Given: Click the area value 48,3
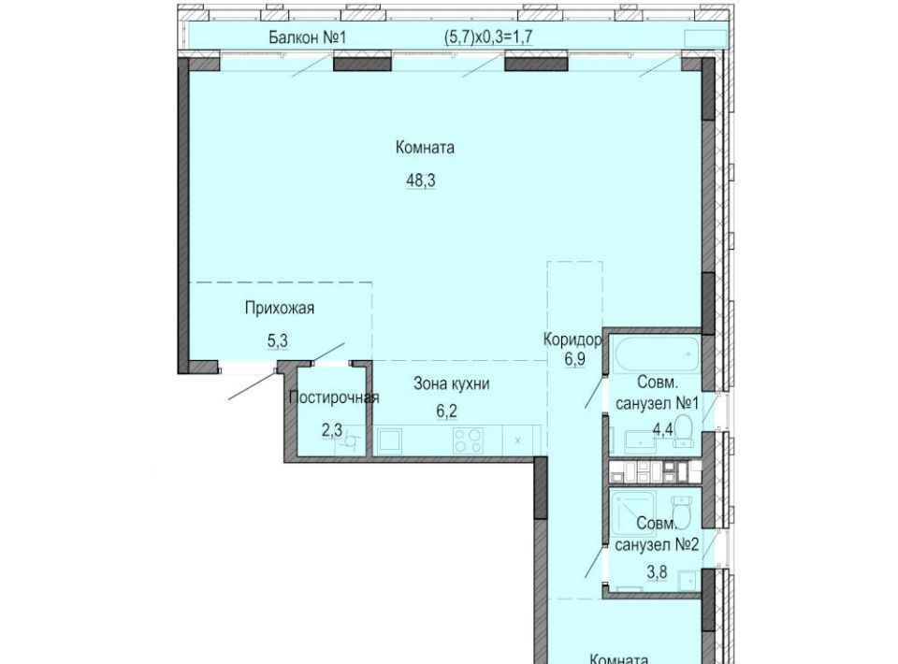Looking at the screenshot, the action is (421, 180).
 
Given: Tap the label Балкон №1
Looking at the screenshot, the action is (308, 37).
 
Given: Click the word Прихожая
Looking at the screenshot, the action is (280, 309).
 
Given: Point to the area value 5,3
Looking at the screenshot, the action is (277, 341).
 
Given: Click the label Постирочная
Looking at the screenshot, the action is (334, 397).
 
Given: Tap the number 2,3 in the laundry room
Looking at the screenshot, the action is (331, 430).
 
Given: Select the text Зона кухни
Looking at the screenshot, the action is (451, 383).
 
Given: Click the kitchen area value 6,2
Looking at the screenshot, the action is (447, 411).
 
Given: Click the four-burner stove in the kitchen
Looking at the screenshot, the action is (468, 440).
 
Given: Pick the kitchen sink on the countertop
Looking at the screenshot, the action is (389, 440).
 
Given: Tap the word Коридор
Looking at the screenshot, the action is (572, 339).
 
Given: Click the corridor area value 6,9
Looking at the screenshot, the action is (574, 361).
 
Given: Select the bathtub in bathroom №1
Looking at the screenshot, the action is (657, 354).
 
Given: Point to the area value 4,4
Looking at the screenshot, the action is (663, 429).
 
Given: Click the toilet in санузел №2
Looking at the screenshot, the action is (682, 508).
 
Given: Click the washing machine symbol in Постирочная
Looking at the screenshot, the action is (353, 440).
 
